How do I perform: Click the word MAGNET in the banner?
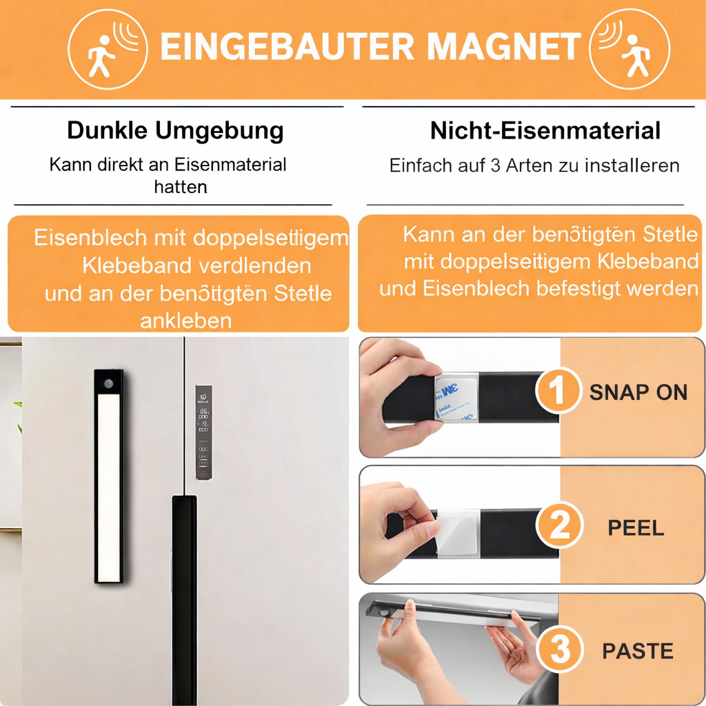point(503,46)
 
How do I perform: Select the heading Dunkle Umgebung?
point(175,130)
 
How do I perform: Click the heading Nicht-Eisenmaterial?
point(545,130)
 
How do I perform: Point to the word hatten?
point(181,187)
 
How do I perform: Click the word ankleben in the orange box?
point(185,321)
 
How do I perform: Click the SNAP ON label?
point(638,392)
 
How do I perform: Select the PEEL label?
point(636,528)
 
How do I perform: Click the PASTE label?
point(637,651)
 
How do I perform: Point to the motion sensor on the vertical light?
point(108,382)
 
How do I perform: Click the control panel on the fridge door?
point(203,433)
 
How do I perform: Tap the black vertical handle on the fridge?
point(183,593)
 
